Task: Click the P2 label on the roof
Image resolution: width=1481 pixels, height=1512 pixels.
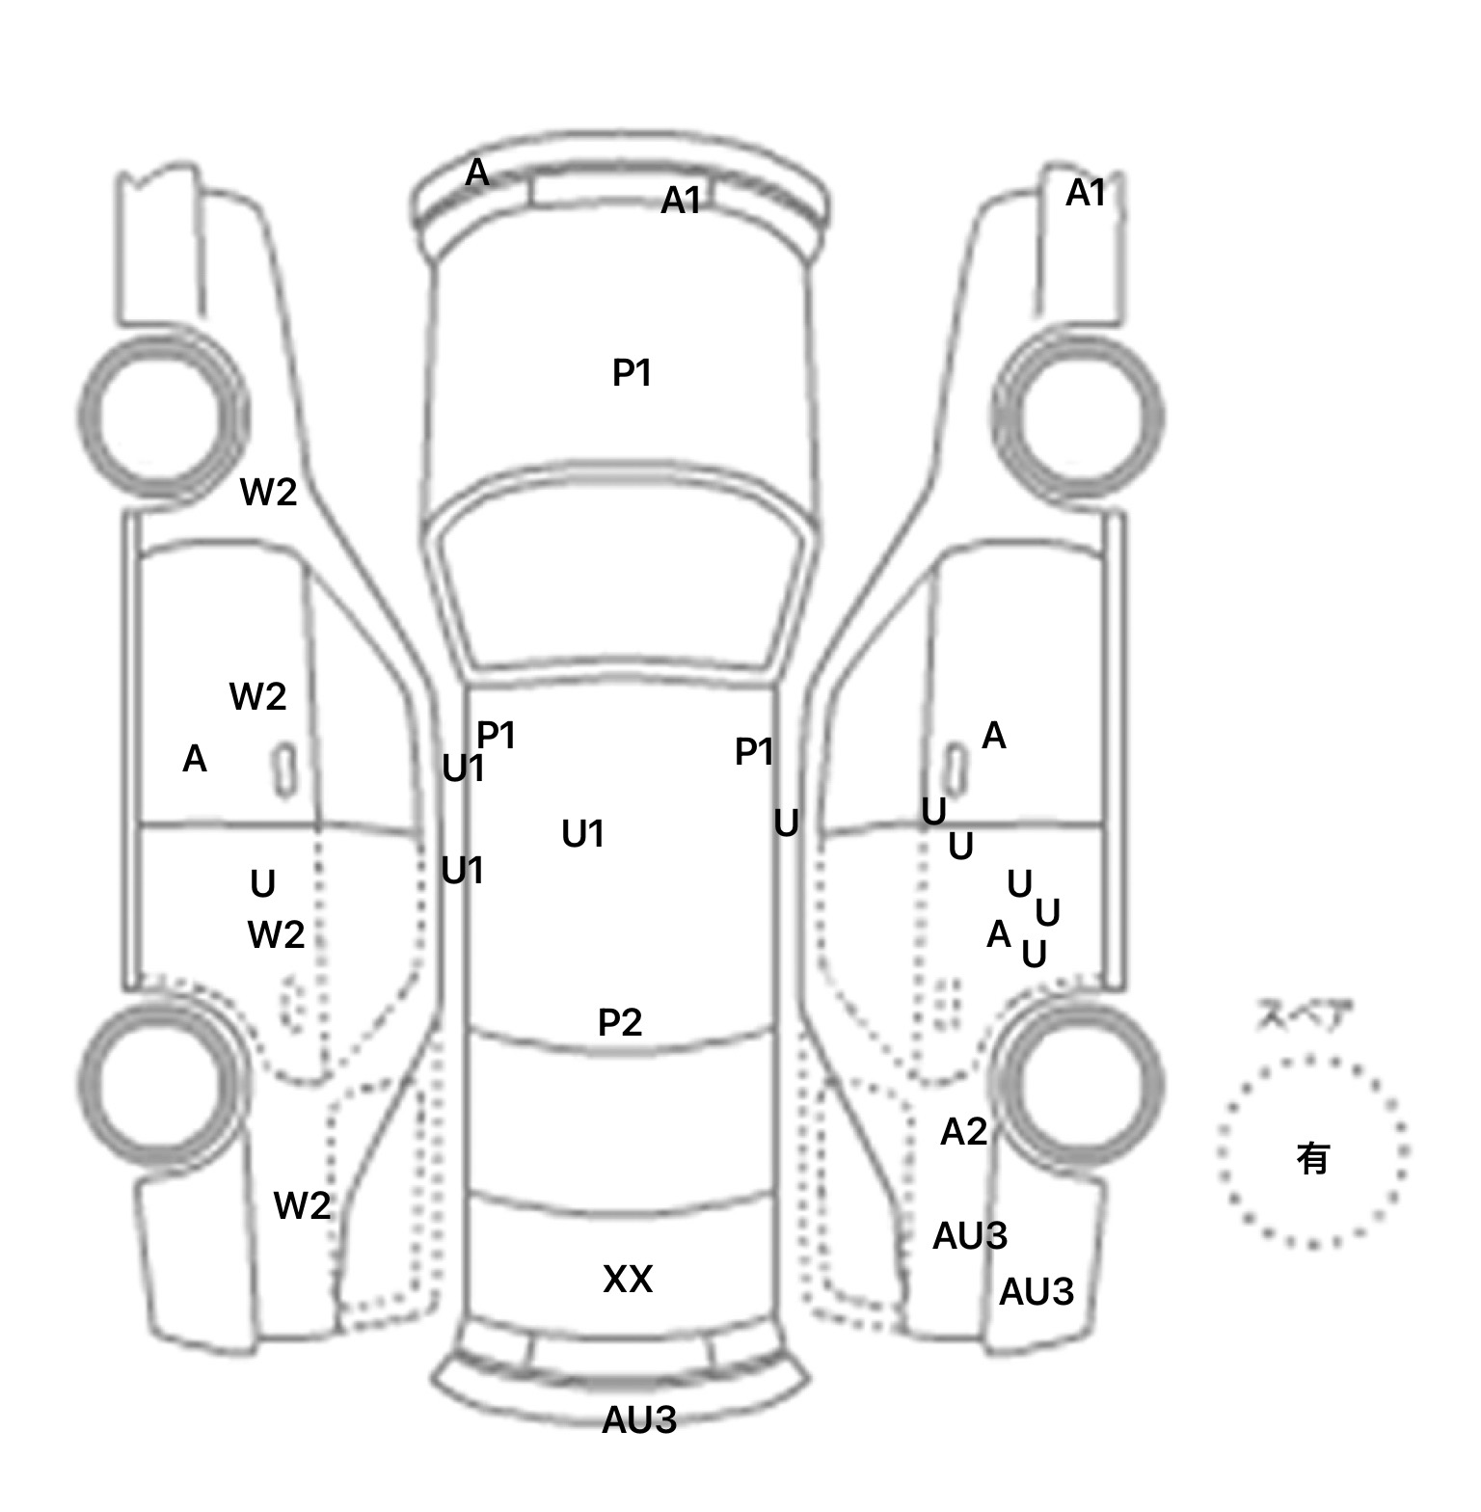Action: (619, 1022)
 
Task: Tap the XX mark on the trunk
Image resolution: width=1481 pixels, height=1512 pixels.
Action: (628, 1280)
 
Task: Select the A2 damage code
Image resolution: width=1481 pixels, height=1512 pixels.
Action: (963, 1132)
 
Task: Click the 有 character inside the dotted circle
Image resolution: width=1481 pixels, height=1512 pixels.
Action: (1313, 1158)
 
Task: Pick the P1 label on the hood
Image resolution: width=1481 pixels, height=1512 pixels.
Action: (633, 373)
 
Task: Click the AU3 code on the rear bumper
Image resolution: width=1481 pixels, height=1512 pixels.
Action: (638, 1419)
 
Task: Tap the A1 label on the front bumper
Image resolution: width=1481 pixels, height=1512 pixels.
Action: (681, 201)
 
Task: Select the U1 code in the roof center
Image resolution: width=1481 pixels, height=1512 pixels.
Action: (582, 834)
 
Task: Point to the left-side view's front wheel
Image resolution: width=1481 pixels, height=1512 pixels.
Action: (160, 417)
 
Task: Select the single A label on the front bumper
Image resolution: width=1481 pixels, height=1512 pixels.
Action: (477, 174)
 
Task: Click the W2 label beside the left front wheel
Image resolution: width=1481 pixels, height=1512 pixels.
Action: (268, 493)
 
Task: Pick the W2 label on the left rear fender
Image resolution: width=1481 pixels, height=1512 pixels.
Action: (302, 1205)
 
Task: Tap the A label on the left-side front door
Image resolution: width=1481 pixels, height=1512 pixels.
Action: (195, 760)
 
